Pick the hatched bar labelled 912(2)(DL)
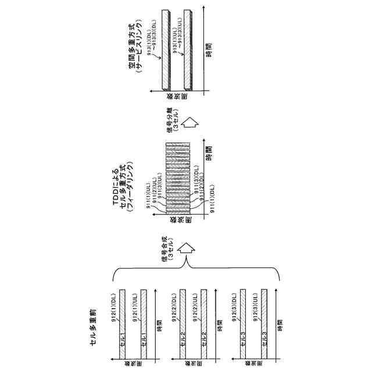pyautogui.click(x=183, y=323)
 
